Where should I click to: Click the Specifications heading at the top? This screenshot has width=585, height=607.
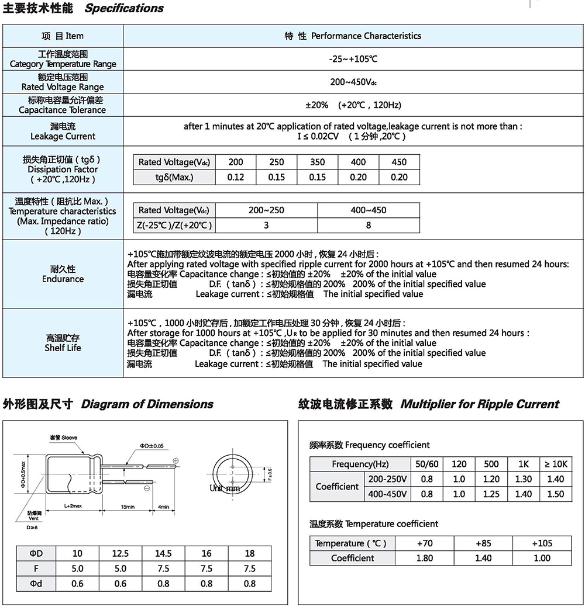pos(124,9)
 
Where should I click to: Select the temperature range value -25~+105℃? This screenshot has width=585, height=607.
pos(353,59)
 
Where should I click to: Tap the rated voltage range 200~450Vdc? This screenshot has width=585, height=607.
pos(353,82)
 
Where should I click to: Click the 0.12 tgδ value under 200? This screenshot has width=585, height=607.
pos(235,177)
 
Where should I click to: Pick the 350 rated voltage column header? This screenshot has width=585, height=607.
pos(318,162)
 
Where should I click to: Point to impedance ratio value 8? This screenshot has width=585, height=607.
pos(368,225)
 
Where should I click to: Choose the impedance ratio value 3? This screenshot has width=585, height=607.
pos(266,225)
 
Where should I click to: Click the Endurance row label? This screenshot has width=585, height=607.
pos(63,274)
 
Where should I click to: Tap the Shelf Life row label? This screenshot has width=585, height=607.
pos(63,343)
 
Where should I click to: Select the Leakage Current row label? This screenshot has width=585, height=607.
pos(63,131)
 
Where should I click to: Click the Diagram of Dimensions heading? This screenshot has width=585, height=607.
pos(147,404)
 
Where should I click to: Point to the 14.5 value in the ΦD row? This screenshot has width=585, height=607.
pos(163,553)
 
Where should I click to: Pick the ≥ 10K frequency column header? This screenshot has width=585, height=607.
pos(556,464)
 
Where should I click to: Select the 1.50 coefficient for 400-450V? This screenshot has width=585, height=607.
pos(556,494)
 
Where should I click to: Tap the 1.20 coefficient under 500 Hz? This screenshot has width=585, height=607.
pos(491,479)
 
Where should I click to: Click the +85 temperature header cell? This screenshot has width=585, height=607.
pos(483,543)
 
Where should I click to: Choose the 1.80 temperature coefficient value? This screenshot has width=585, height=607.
pos(425,558)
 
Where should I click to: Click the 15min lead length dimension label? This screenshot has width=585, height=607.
pos(128,507)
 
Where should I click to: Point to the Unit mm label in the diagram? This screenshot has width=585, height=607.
pos(225,488)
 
